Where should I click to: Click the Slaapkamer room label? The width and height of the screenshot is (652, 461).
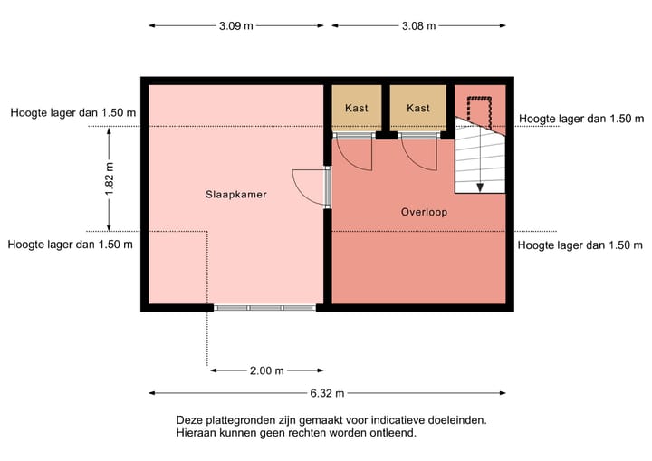pyautogui.click(x=236, y=194)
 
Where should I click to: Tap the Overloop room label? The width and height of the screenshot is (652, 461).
pyautogui.click(x=424, y=212)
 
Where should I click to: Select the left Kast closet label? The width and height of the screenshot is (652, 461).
pyautogui.click(x=357, y=108)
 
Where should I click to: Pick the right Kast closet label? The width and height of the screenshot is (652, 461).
pyautogui.click(x=418, y=108)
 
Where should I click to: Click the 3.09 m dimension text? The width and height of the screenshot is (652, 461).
pyautogui.click(x=235, y=25)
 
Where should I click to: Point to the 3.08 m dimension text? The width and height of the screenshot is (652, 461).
pyautogui.click(x=417, y=25)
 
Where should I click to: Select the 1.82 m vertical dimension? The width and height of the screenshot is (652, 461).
pyautogui.click(x=110, y=178)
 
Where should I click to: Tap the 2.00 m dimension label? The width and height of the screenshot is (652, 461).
pyautogui.click(x=266, y=370)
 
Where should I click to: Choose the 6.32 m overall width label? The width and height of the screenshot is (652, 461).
pyautogui.click(x=327, y=393)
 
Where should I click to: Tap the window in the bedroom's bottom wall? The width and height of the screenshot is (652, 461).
pyautogui.click(x=264, y=308)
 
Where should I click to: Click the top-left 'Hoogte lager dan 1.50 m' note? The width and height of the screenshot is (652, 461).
pyautogui.click(x=72, y=113)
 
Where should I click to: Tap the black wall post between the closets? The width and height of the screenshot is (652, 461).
pyautogui.click(x=387, y=136)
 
